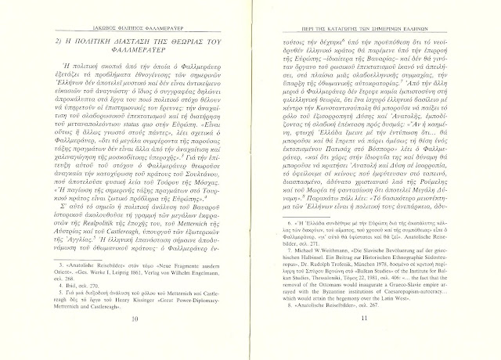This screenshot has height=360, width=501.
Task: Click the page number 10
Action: point(135,342)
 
